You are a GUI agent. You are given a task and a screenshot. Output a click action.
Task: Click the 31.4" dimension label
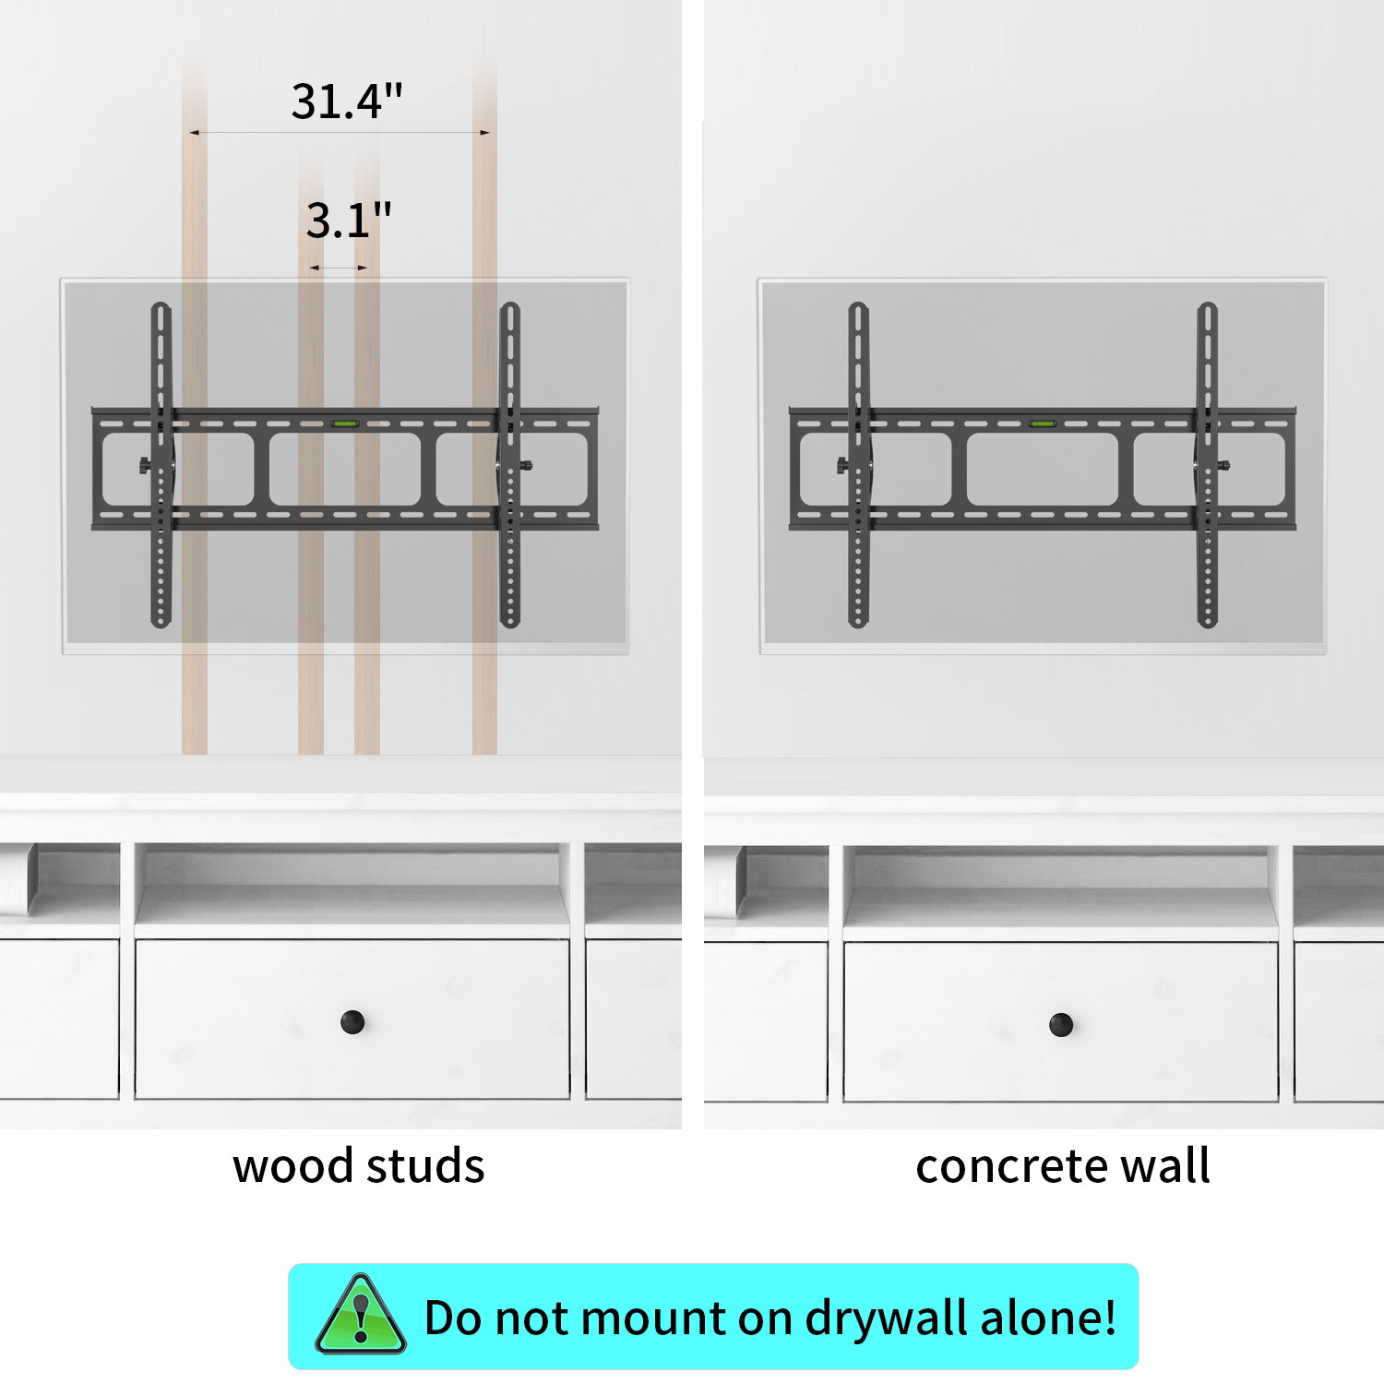tap(347, 101)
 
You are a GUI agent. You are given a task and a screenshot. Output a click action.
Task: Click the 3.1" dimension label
tap(349, 221)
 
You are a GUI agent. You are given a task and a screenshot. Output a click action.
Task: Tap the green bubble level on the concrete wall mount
tap(1043, 424)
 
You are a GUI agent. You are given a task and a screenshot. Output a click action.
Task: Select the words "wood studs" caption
tap(358, 1165)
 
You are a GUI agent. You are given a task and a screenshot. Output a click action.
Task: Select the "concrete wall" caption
tap(1062, 1165)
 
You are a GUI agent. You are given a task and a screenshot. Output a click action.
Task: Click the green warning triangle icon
tap(361, 1316)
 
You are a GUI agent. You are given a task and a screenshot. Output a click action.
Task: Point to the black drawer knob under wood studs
tap(352, 1021)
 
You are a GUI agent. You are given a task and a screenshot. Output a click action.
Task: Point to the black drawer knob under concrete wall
tap(1061, 1023)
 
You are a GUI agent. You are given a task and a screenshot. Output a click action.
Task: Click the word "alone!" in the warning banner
tap(1048, 1318)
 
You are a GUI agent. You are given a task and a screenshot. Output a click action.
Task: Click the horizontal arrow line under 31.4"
tap(340, 133)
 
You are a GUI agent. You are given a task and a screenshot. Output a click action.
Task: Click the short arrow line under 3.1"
tap(339, 268)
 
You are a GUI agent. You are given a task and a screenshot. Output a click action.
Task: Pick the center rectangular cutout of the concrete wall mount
tap(1042, 470)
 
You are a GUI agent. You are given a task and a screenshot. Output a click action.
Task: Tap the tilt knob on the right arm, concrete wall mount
tap(1223, 466)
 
